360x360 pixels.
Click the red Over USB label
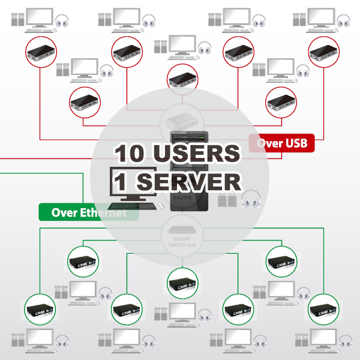click(x=281, y=143)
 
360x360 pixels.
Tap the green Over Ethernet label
click(x=88, y=212)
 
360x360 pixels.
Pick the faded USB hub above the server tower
click(x=180, y=122)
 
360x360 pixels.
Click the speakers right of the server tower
click(x=227, y=200)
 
